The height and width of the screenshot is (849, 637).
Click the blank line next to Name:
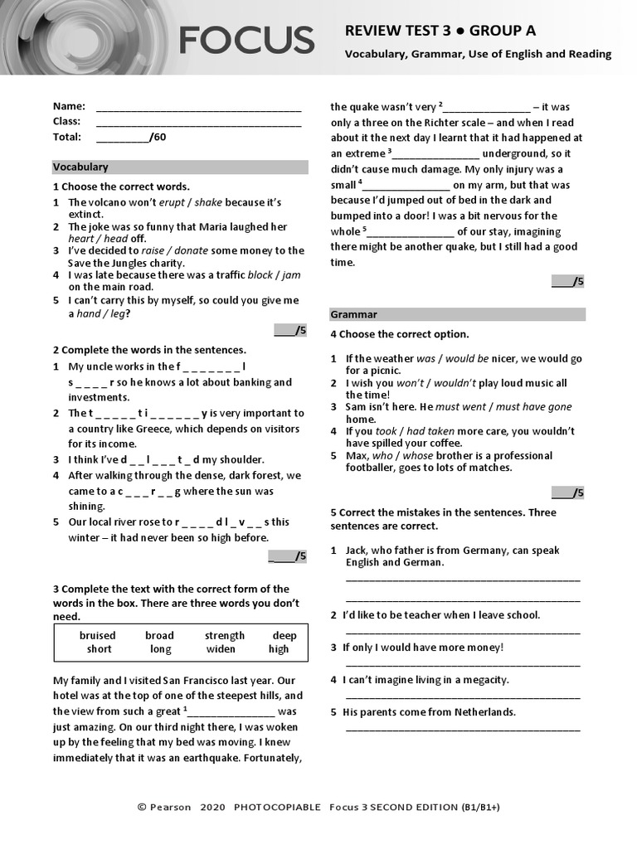click(x=198, y=109)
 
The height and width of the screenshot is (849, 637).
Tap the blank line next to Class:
click(x=198, y=124)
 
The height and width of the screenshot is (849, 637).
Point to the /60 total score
click(x=158, y=138)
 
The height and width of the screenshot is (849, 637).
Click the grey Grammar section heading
click(x=457, y=314)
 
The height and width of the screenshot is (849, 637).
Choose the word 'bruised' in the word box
click(x=97, y=636)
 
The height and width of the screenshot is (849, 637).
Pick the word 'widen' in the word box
click(x=220, y=649)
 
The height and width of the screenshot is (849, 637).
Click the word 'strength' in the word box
click(x=225, y=636)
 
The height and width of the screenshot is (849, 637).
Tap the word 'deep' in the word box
click(x=284, y=636)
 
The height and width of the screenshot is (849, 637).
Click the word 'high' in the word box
click(x=279, y=649)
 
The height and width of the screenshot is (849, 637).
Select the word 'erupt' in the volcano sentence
click(x=172, y=202)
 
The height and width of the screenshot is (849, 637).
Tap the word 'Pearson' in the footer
click(x=170, y=807)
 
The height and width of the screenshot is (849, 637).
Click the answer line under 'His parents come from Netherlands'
click(x=463, y=730)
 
